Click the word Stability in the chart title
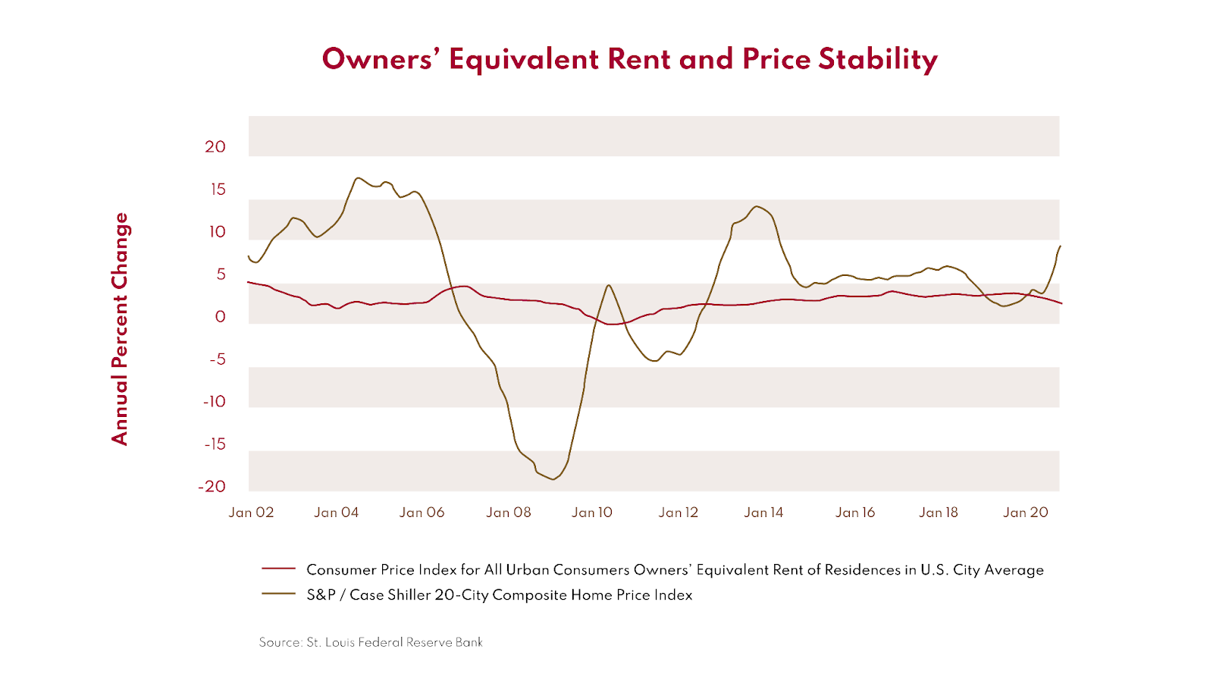pyautogui.click(x=878, y=60)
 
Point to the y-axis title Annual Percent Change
pyautogui.click(x=120, y=328)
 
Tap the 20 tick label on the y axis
pyautogui.click(x=215, y=147)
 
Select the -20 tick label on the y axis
pyautogui.click(x=212, y=487)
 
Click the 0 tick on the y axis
pyautogui.click(x=221, y=317)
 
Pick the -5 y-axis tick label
pyautogui.click(x=218, y=359)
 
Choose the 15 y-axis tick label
pyautogui.click(x=218, y=190)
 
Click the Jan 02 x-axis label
pyautogui.click(x=251, y=513)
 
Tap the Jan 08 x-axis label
pyautogui.click(x=509, y=513)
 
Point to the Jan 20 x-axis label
pyautogui.click(x=1026, y=513)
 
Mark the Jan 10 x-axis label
pyautogui.click(x=592, y=513)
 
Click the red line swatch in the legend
pyautogui.click(x=278, y=569)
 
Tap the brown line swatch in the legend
pyautogui.click(x=278, y=594)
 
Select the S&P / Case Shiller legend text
pyautogui.click(x=499, y=595)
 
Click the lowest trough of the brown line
pyautogui.click(x=553, y=479)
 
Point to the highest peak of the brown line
pyautogui.click(x=358, y=178)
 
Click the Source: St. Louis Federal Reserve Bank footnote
pyautogui.click(x=371, y=642)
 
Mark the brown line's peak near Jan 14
pyautogui.click(x=756, y=206)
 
